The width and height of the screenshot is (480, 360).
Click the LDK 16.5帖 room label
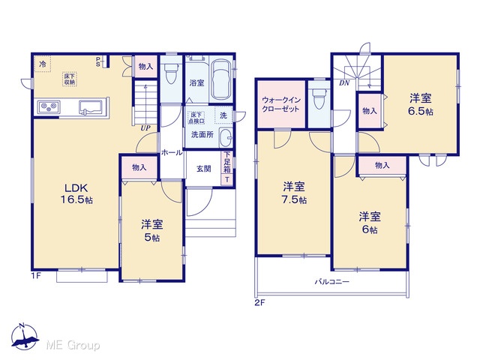pos(76,193)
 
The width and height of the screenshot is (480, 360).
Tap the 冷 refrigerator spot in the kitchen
pos(43,64)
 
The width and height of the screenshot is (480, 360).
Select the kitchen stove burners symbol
pos(49,106)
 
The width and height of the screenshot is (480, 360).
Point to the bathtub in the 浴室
pos(221,79)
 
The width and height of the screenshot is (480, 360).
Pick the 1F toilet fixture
pos(170,73)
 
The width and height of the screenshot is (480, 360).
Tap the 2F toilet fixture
pos(319,98)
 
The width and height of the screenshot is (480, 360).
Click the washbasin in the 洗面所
pos(226,137)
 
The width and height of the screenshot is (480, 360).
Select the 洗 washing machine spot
pos(223,115)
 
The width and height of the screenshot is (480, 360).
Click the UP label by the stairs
pos(145,128)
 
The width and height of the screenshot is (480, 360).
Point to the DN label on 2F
pos(344,83)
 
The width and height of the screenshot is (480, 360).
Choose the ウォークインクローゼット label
pos(280,104)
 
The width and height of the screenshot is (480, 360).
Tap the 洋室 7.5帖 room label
pos(294,193)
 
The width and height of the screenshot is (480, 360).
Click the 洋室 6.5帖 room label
pos(421,105)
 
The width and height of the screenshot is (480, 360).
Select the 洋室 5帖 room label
pos(151,231)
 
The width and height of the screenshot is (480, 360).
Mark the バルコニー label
pos(332,282)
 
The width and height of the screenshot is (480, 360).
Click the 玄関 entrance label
pos(203,169)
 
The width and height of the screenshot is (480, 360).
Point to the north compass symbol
pos(25,337)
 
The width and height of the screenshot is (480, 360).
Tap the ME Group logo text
pos(73,346)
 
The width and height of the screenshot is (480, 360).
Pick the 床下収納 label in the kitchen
pos(70,79)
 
